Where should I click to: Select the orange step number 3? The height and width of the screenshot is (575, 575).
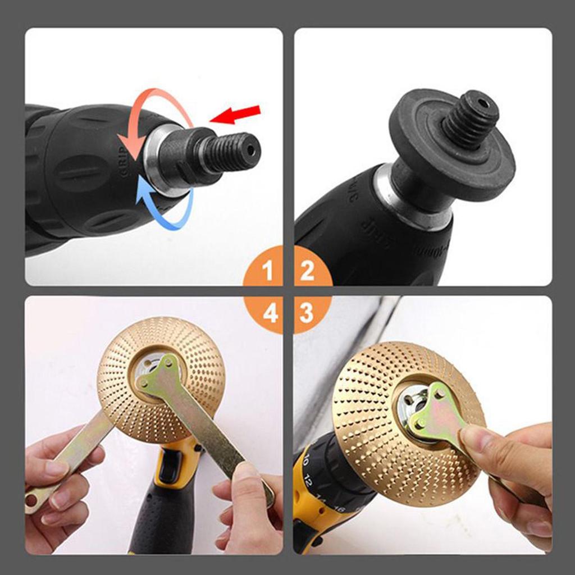[307, 313]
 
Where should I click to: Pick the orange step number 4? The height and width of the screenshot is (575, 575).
[270, 313]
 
